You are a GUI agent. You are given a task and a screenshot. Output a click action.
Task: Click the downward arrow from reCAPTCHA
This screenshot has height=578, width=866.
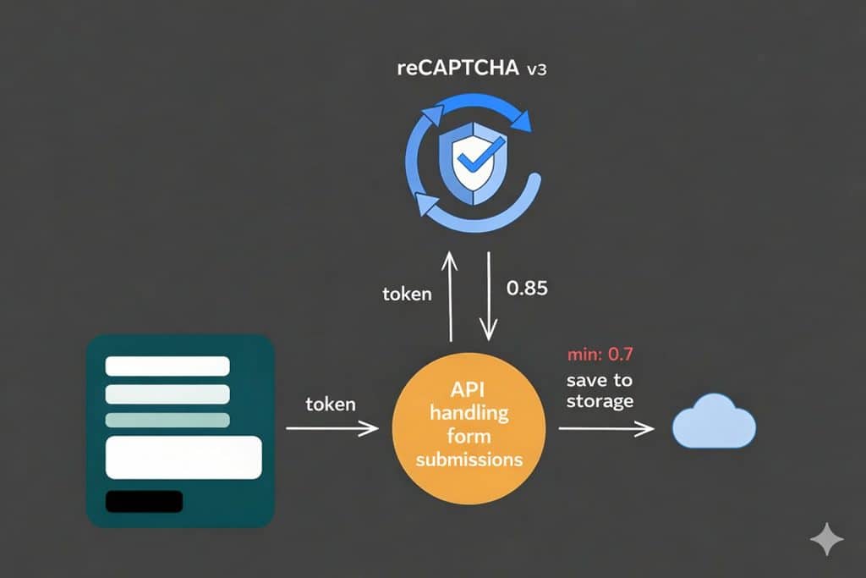(488, 292)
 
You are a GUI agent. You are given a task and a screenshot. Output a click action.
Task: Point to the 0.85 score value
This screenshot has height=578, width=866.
(527, 289)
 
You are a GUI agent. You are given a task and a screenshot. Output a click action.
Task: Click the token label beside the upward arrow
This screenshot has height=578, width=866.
(407, 295)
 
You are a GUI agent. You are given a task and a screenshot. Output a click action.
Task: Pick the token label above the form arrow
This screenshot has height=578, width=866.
(331, 405)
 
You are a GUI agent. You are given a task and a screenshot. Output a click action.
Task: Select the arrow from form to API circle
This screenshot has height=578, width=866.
(332, 429)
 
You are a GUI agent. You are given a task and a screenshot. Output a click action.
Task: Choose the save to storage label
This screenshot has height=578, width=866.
(599, 390)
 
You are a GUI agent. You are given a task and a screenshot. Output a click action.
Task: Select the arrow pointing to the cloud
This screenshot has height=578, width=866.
(606, 429)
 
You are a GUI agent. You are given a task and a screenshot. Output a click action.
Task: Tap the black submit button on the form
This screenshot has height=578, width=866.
(144, 501)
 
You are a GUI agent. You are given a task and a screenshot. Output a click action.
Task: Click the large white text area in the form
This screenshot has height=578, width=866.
(184, 457)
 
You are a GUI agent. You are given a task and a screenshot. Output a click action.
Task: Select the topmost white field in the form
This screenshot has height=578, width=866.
(167, 366)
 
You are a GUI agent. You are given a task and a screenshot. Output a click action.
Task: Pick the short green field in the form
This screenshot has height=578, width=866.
(167, 421)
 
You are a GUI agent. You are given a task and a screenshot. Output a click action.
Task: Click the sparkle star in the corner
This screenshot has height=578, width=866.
(826, 538)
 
